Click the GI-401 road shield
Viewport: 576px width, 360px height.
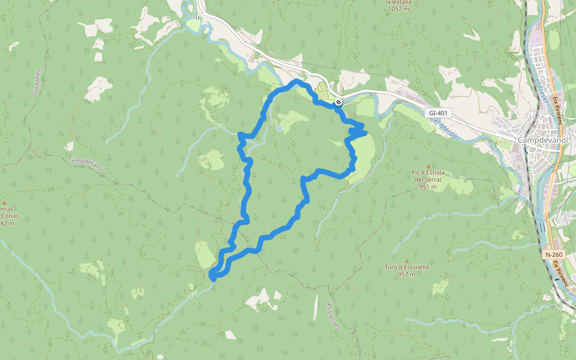(x=439, y=113)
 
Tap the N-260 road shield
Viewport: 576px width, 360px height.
(x=554, y=254)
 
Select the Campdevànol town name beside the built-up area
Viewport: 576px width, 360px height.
(x=543, y=139)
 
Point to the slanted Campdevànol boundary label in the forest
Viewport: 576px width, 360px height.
(x=87, y=164)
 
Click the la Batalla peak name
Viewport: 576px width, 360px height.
(x=398, y=2)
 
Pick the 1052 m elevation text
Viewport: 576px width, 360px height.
(x=398, y=9)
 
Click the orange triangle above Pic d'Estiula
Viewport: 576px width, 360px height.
(x=428, y=166)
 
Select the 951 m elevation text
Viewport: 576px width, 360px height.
(x=428, y=187)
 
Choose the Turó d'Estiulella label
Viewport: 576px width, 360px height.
(x=407, y=267)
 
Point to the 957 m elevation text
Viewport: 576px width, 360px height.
(x=407, y=275)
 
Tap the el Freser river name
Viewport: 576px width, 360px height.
(x=539, y=90)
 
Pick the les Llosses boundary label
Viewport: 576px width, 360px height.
(x=332, y=314)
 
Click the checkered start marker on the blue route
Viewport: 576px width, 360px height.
(x=339, y=103)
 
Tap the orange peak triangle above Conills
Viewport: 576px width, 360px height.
(x=4, y=203)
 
